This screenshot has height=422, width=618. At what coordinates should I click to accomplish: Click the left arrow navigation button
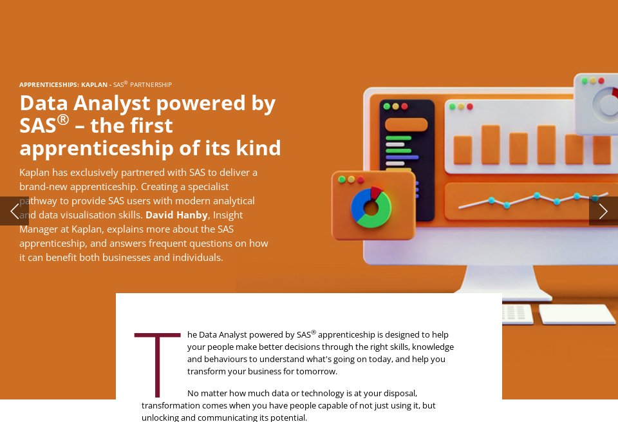(14, 211)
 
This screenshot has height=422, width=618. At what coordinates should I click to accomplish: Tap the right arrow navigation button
(603, 211)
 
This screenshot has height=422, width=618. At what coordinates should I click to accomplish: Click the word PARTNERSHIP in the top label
(151, 84)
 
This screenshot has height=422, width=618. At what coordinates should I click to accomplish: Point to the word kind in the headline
(257, 148)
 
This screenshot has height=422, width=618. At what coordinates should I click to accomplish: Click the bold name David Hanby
(176, 215)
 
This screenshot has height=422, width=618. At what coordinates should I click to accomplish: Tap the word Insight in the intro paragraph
(228, 215)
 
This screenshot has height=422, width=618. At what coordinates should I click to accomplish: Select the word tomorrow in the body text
(315, 371)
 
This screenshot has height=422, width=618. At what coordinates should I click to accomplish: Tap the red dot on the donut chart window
(360, 180)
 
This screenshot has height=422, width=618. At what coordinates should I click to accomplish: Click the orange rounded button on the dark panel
(406, 124)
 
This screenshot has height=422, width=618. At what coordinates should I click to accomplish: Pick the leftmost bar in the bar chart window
(462, 149)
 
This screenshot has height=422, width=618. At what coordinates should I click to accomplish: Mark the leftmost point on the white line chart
(491, 200)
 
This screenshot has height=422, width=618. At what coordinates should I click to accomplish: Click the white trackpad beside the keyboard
(576, 314)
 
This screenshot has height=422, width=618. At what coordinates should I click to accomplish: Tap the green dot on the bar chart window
(452, 106)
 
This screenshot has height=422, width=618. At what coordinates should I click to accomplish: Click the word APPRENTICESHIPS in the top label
(48, 84)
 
